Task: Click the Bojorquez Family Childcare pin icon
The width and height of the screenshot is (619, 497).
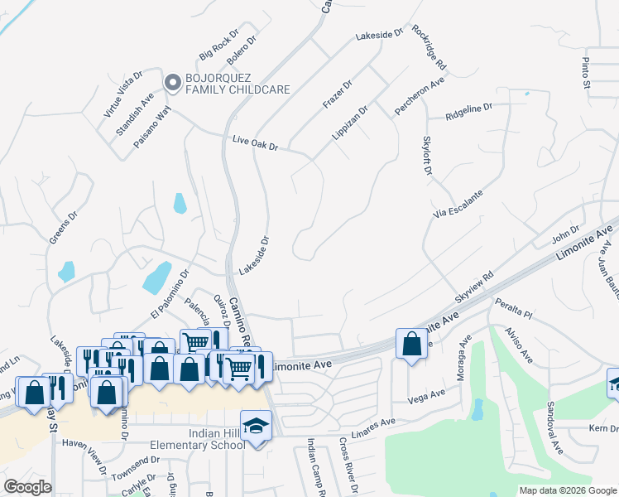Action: pyautogui.click(x=173, y=82)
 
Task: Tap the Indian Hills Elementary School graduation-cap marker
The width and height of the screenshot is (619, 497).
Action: pyautogui.click(x=257, y=427)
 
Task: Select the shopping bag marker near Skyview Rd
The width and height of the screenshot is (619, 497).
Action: pyautogui.click(x=412, y=343)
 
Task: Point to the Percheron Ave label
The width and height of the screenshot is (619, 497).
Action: pyautogui.click(x=420, y=96)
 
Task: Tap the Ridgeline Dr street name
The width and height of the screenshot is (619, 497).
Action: pyautogui.click(x=468, y=109)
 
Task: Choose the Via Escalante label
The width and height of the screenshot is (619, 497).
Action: pyautogui.click(x=458, y=204)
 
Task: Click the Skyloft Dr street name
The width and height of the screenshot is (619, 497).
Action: pyautogui.click(x=427, y=156)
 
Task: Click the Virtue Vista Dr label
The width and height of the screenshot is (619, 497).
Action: pyautogui.click(x=123, y=91)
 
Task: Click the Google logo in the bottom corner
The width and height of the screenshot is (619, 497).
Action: pyautogui.click(x=27, y=487)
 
